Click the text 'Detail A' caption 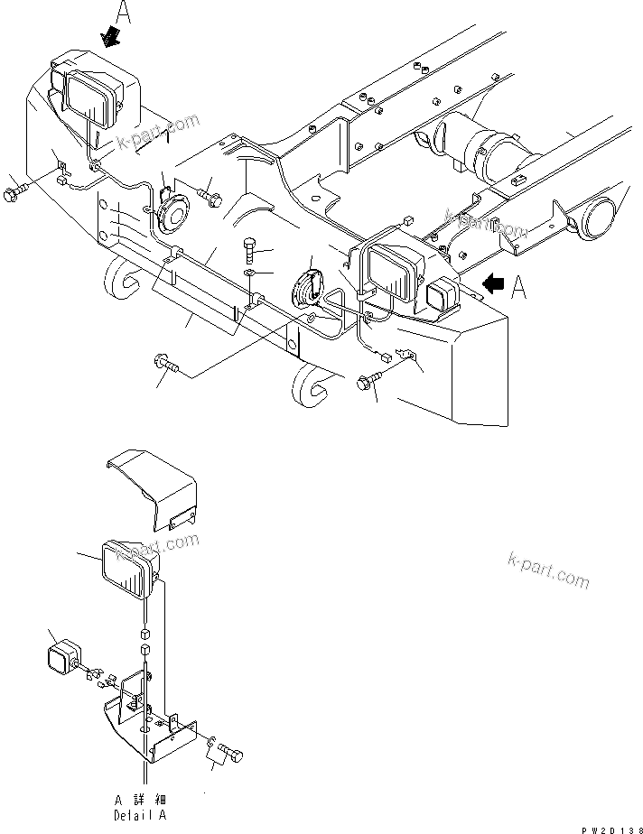click(143, 815)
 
